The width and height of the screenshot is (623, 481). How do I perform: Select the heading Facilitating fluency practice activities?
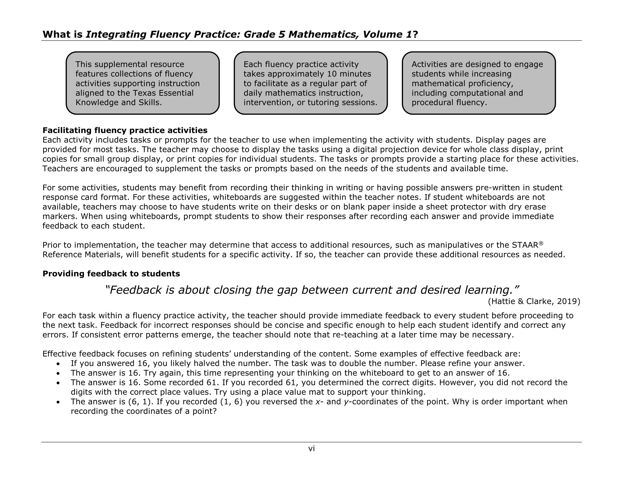tap(125, 130)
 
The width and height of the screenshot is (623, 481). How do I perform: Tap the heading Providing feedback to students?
tap(111, 274)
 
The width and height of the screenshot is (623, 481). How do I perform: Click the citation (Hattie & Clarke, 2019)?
tap(534, 301)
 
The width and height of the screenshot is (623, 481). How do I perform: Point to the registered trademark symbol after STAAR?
tap(541, 243)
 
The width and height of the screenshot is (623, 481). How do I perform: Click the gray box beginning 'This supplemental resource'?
tap(143, 83)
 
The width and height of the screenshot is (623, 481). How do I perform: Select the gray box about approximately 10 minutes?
tap(311, 83)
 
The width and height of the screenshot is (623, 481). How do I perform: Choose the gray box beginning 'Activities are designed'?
tap(479, 83)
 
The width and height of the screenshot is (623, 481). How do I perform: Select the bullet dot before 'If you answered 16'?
tap(58, 364)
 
